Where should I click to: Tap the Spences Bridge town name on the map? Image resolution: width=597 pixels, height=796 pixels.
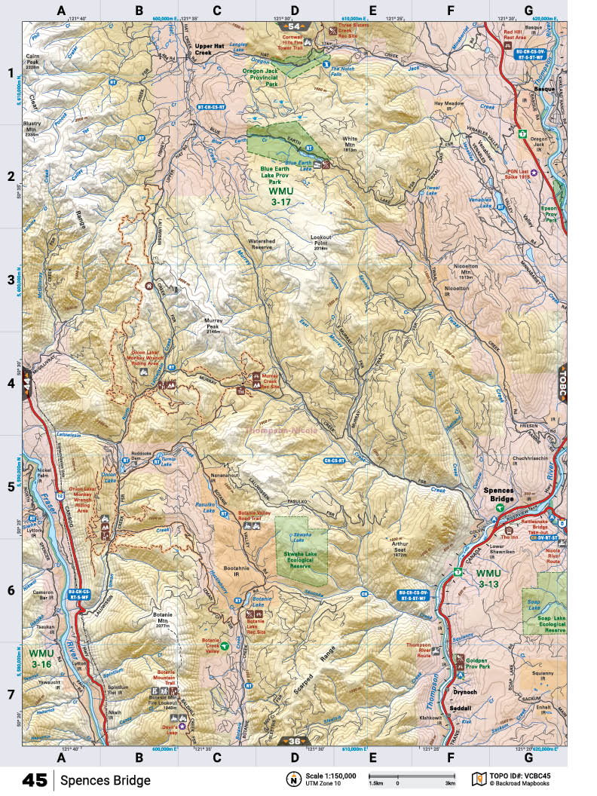(x=499, y=495)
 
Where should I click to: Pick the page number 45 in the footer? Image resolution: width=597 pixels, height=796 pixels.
(x=35, y=779)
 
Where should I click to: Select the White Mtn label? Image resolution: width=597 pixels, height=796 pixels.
(x=350, y=142)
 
